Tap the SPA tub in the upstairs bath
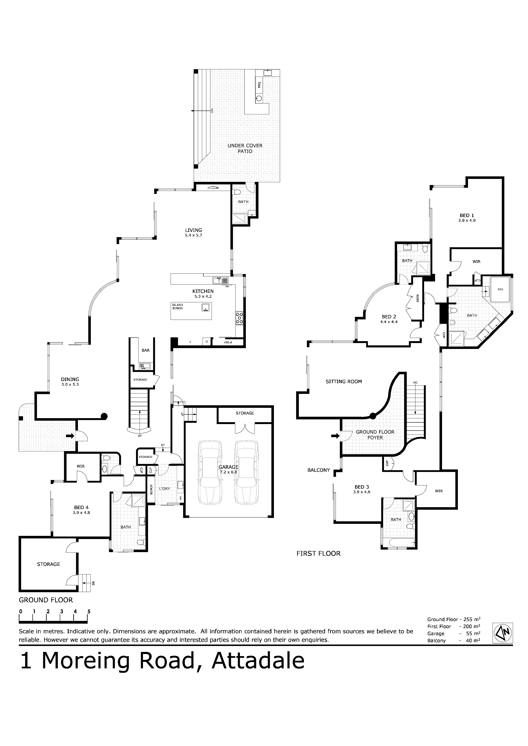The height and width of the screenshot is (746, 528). coord(500,289)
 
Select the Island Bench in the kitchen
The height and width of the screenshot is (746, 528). coord(191,311)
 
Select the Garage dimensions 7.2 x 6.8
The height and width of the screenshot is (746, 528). coord(228,472)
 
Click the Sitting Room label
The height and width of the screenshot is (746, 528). coord(344,381)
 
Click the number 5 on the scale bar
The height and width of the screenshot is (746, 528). coord(89,611)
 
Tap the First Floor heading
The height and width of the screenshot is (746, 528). coord(318,553)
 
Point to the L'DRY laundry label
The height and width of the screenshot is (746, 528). coord(165,489)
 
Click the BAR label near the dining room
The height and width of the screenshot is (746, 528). coord(146,350)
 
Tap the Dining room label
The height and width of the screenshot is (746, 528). coord(70,379)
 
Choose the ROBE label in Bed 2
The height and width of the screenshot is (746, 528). coord(417,299)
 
